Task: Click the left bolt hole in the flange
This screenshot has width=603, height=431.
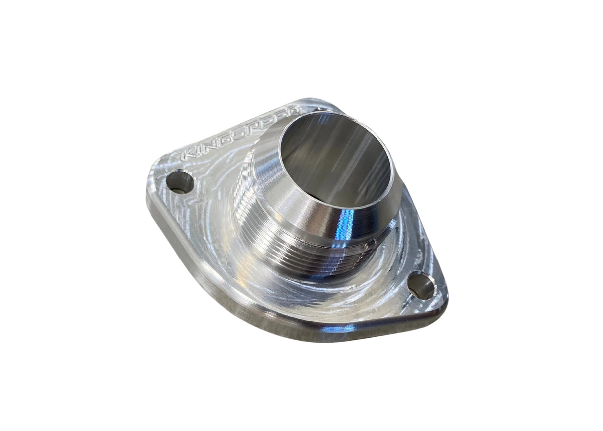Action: click(x=181, y=183)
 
